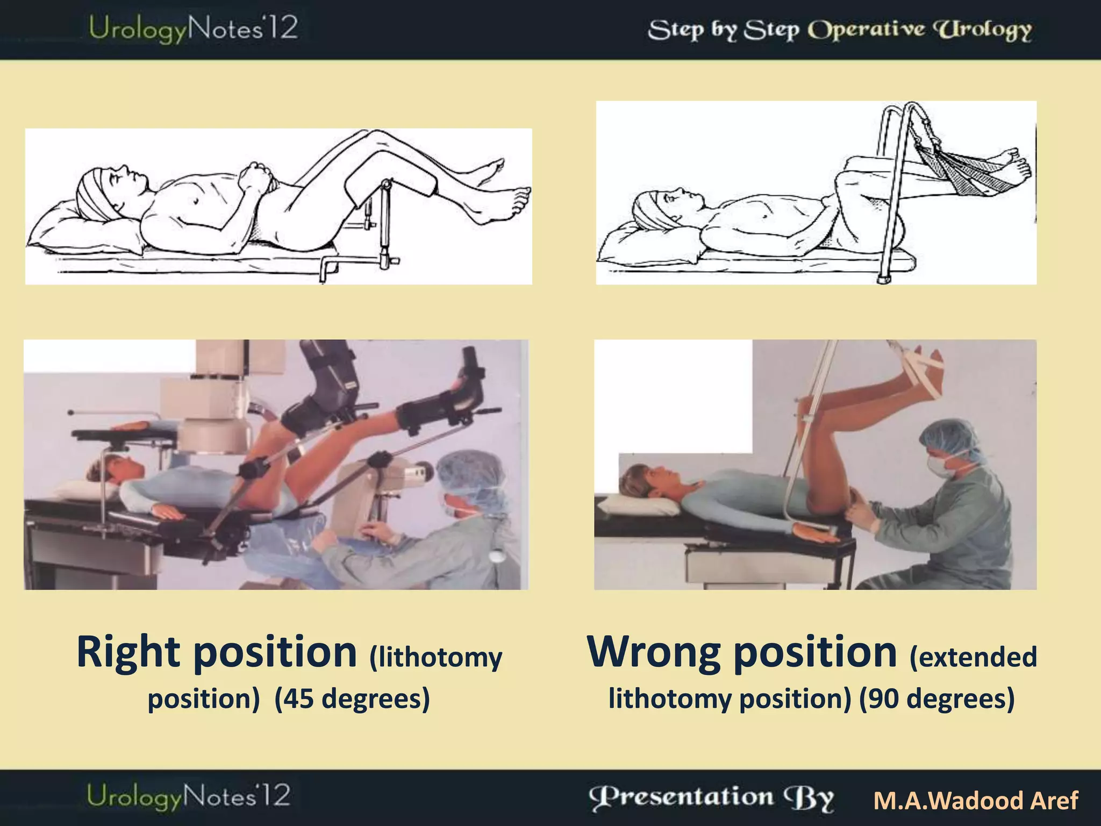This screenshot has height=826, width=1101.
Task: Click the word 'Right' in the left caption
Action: pyautogui.click(x=128, y=652)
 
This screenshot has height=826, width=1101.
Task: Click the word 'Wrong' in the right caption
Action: pyautogui.click(x=654, y=652)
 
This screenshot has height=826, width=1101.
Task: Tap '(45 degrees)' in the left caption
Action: pyautogui.click(x=352, y=699)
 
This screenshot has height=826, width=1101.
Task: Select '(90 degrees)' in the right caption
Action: pyautogui.click(x=936, y=699)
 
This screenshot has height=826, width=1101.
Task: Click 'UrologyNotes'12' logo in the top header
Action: pyautogui.click(x=193, y=29)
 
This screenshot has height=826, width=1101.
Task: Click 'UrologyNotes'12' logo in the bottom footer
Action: pyautogui.click(x=188, y=796)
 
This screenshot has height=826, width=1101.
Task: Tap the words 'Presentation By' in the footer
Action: pyautogui.click(x=711, y=798)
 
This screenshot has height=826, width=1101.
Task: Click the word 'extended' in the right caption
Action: pyautogui.click(x=973, y=657)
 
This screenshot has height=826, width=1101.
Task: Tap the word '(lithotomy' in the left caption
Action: pyautogui.click(x=435, y=657)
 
